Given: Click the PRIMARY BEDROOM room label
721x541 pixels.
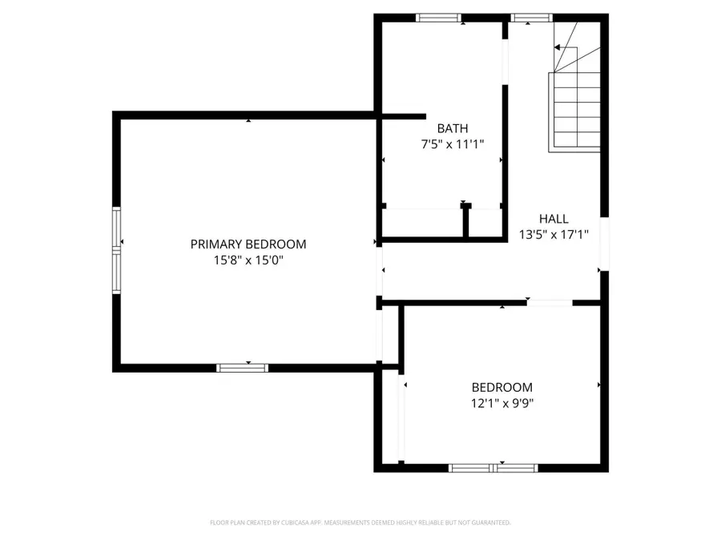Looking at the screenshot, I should (x=248, y=244).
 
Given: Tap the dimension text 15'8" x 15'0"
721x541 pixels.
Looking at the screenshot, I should (x=248, y=260).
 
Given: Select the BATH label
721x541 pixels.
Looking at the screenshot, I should (x=452, y=128).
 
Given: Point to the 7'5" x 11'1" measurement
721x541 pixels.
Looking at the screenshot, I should (x=452, y=143).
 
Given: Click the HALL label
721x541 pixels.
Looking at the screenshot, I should (x=554, y=219).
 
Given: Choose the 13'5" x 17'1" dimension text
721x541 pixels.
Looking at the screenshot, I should (x=554, y=235).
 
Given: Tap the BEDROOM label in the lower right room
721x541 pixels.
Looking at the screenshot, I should (x=501, y=387).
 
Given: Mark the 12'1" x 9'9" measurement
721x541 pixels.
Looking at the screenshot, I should (x=501, y=403).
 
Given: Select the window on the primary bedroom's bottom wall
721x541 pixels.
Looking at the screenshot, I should (x=242, y=368).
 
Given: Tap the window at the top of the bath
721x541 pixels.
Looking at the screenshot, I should (x=439, y=18).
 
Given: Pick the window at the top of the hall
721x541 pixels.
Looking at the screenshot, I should (x=532, y=18).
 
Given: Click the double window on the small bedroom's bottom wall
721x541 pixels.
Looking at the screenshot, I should (x=493, y=467).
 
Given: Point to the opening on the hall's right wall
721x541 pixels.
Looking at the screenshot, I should (x=604, y=244).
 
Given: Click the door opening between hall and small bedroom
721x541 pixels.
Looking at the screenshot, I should (x=549, y=303).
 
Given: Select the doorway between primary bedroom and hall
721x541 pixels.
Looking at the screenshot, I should (x=380, y=271).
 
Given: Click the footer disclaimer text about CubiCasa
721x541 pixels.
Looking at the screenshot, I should (x=360, y=523).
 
